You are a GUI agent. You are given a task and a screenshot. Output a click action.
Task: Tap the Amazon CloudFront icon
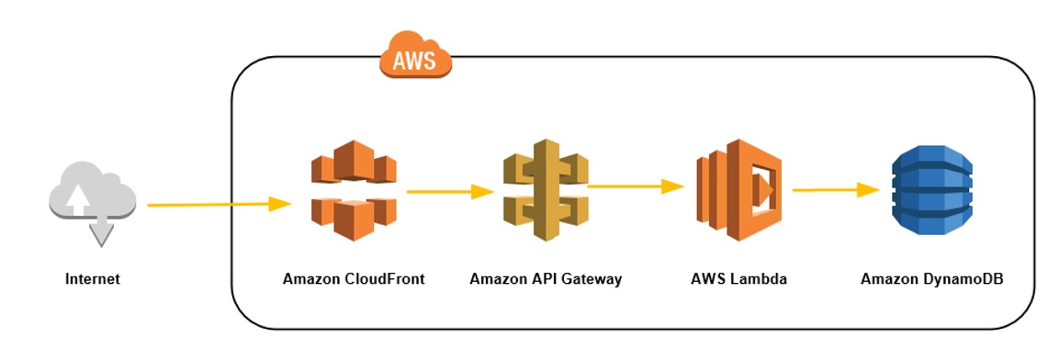coord(354,190)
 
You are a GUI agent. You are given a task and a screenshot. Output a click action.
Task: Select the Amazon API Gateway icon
coord(546,190)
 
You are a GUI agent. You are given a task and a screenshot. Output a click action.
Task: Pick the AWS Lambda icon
coord(738,190)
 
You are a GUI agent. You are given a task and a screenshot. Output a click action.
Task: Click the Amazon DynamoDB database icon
coord(930,190)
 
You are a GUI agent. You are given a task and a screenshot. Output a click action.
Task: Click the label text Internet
coord(92,278)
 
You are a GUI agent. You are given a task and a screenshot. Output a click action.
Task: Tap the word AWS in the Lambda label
coord(708,278)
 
